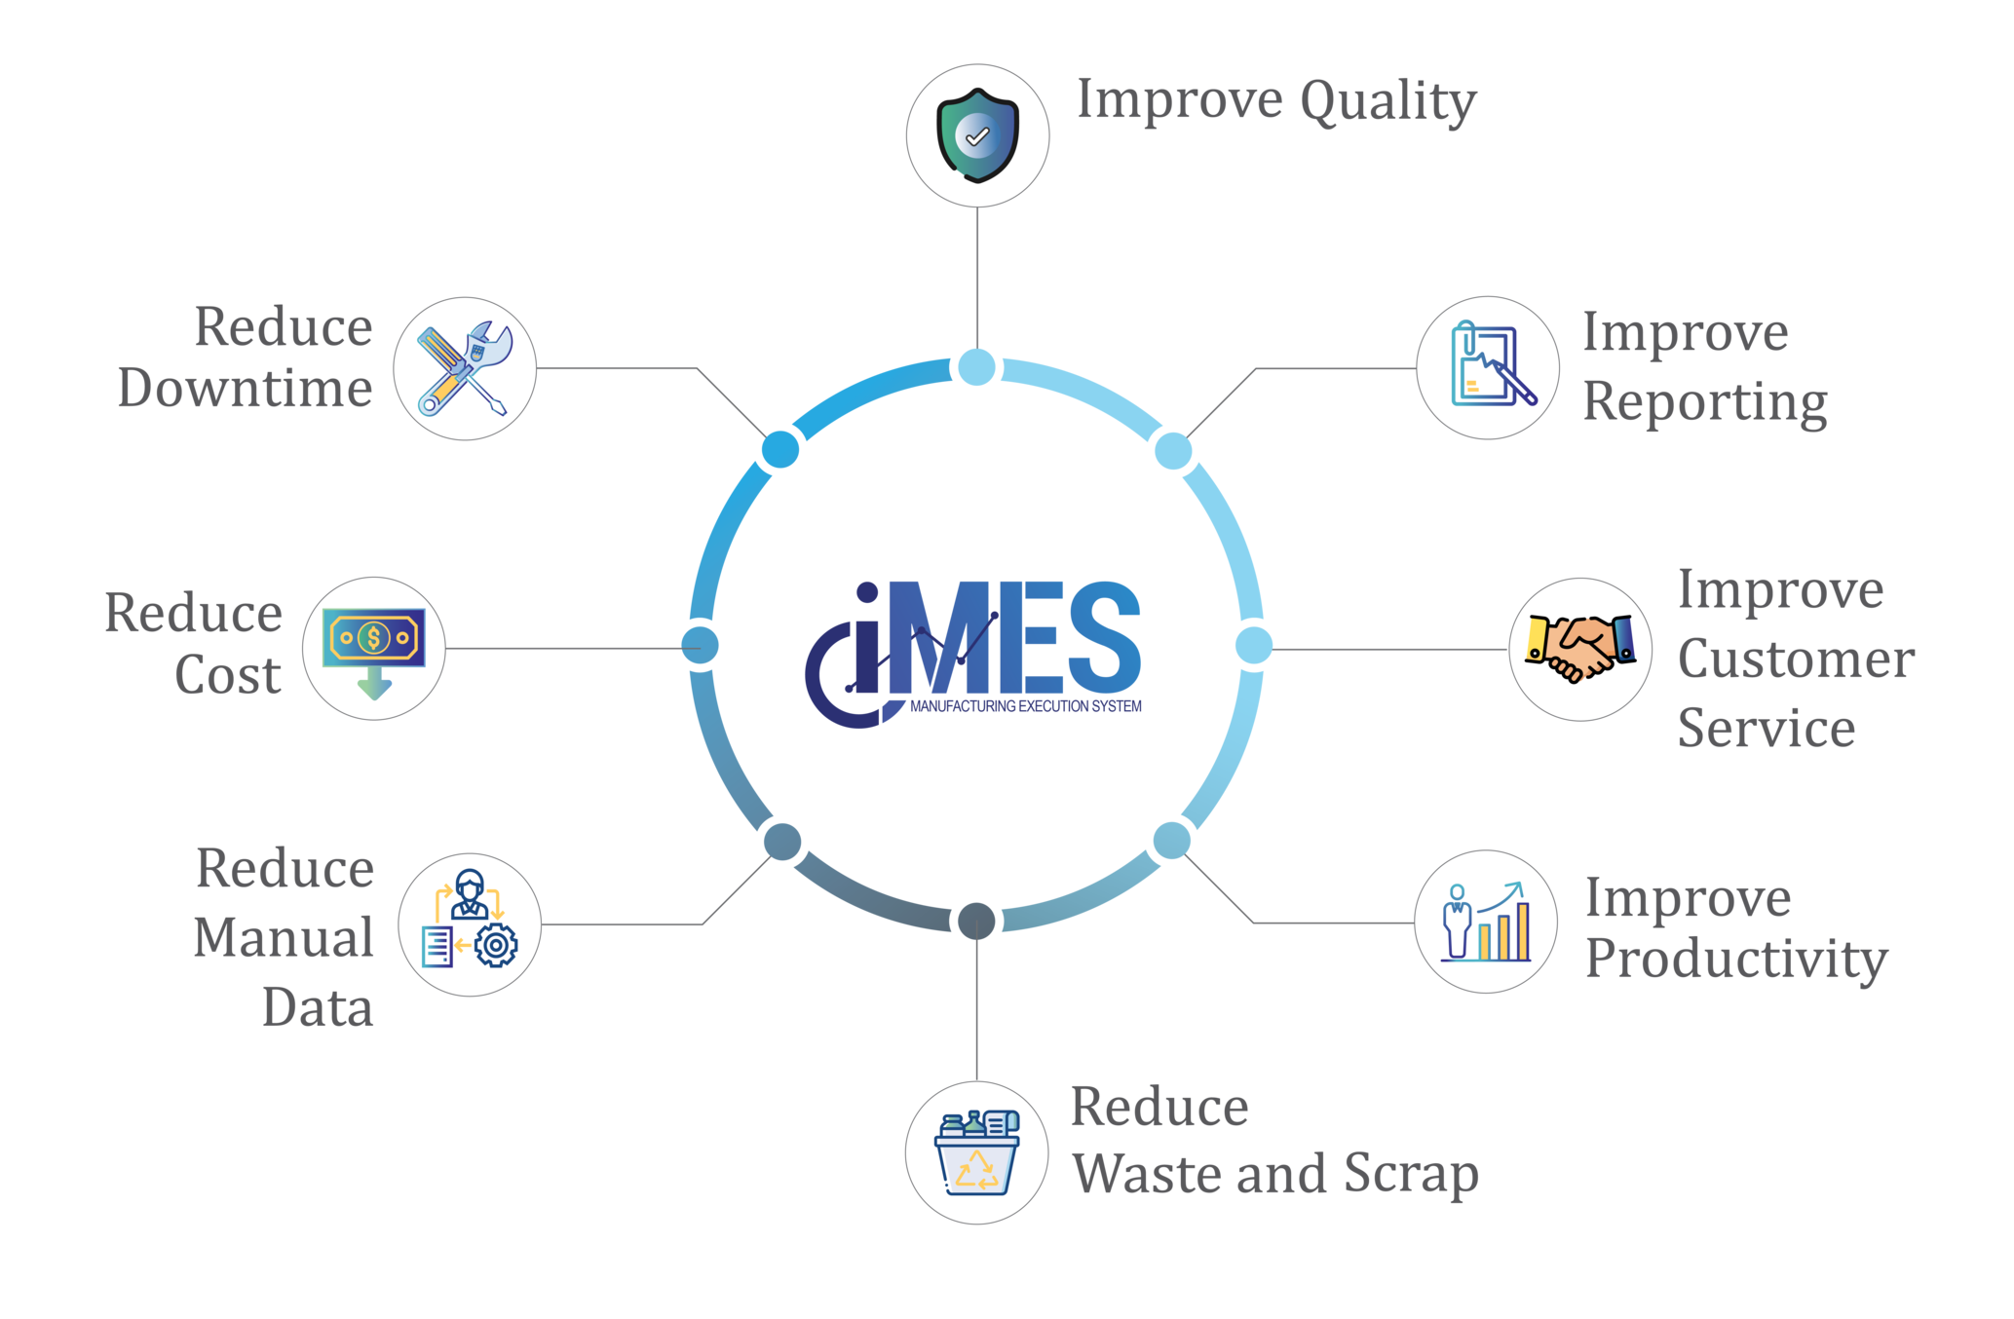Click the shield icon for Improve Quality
pos(977,135)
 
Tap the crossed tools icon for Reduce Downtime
pos(465,369)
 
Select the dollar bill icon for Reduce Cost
pos(374,649)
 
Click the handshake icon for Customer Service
pos(1579,649)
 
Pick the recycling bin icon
pos(977,1151)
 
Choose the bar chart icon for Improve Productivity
pos(1487,922)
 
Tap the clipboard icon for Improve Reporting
pos(1488,368)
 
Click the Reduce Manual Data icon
pos(470,923)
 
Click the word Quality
pos(1387,102)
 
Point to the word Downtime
pos(245,389)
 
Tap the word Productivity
pos(1736,960)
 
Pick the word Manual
pos(284,937)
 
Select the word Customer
pos(1795,659)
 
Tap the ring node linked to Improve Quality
pos(977,368)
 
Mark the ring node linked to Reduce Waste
pos(976,922)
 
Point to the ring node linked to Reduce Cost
pos(700,646)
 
